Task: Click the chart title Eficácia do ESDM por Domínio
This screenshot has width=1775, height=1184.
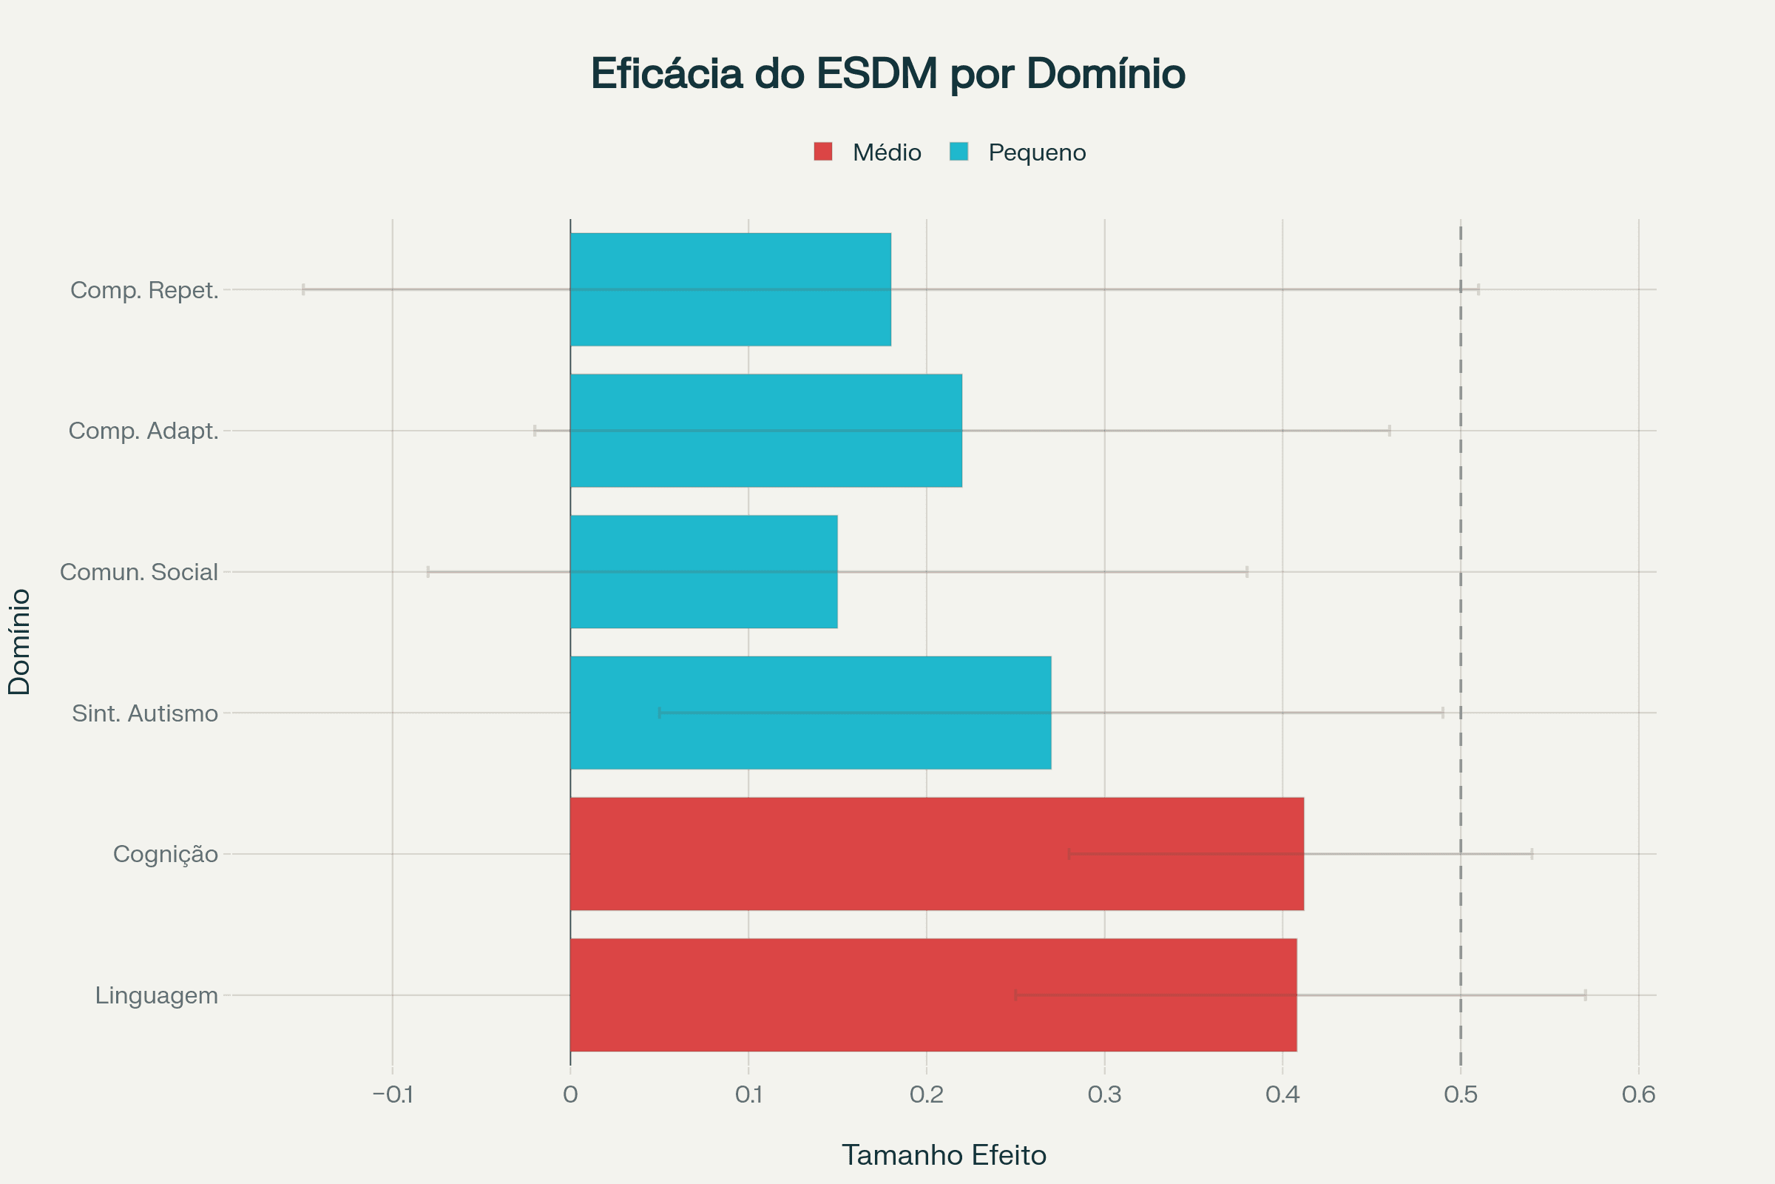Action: pyautogui.click(x=887, y=74)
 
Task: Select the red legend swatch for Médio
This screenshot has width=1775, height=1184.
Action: pyautogui.click(x=822, y=152)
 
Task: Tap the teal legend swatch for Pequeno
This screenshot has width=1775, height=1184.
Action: pyautogui.click(x=958, y=152)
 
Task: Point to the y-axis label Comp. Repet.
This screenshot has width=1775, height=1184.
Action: pyautogui.click(x=144, y=290)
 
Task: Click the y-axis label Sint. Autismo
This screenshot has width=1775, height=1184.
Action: pyautogui.click(x=144, y=713)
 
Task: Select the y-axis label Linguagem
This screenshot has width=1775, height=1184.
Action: pyautogui.click(x=156, y=995)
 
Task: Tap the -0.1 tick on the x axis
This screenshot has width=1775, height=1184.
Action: pyautogui.click(x=393, y=1094)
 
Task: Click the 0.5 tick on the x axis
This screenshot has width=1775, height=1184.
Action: pyautogui.click(x=1460, y=1094)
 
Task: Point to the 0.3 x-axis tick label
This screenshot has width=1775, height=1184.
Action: pyautogui.click(x=1104, y=1094)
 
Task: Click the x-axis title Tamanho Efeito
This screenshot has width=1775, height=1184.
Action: pyautogui.click(x=944, y=1155)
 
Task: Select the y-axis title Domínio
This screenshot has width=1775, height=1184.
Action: pyautogui.click(x=19, y=642)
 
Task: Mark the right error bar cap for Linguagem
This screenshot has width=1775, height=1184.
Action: pyautogui.click(x=1585, y=995)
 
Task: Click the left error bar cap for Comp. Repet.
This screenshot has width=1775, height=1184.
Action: pyautogui.click(x=303, y=289)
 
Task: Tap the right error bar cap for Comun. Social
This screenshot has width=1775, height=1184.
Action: pyautogui.click(x=1247, y=571)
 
